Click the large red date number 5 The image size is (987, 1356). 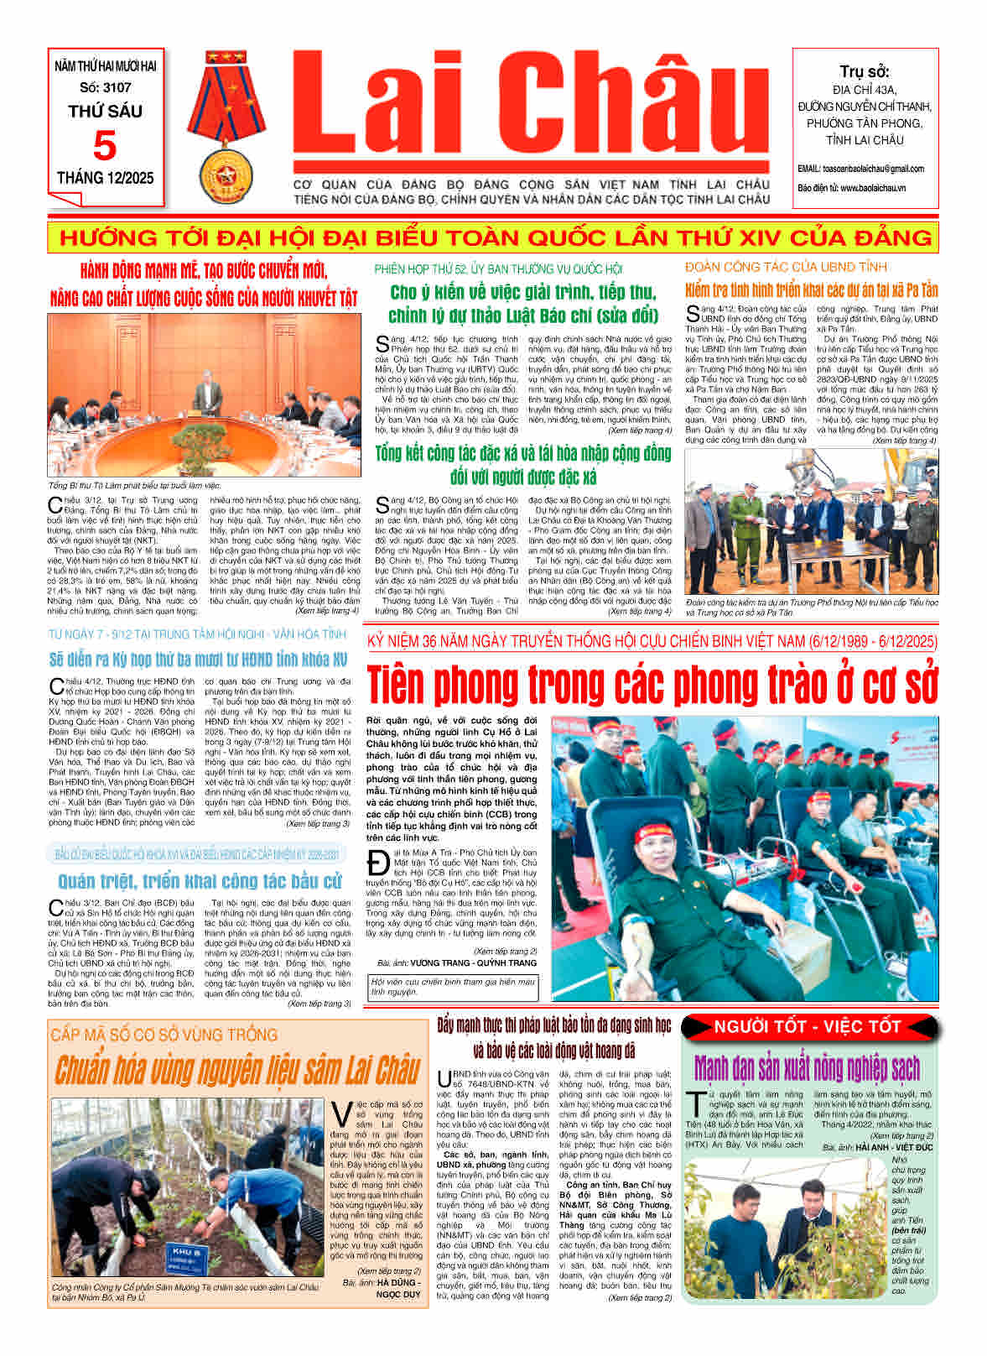tap(105, 145)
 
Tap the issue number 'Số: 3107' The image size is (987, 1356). tap(105, 87)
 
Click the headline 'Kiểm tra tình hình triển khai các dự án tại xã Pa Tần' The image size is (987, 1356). tap(811, 290)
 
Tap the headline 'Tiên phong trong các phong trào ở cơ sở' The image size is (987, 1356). tap(652, 684)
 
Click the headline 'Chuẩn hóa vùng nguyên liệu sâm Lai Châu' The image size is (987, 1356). tap(236, 1071)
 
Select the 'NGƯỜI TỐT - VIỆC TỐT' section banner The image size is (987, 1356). tap(808, 1026)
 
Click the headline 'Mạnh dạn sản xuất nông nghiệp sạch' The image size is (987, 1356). tap(807, 1068)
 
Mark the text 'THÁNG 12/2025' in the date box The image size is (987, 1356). tap(105, 178)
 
